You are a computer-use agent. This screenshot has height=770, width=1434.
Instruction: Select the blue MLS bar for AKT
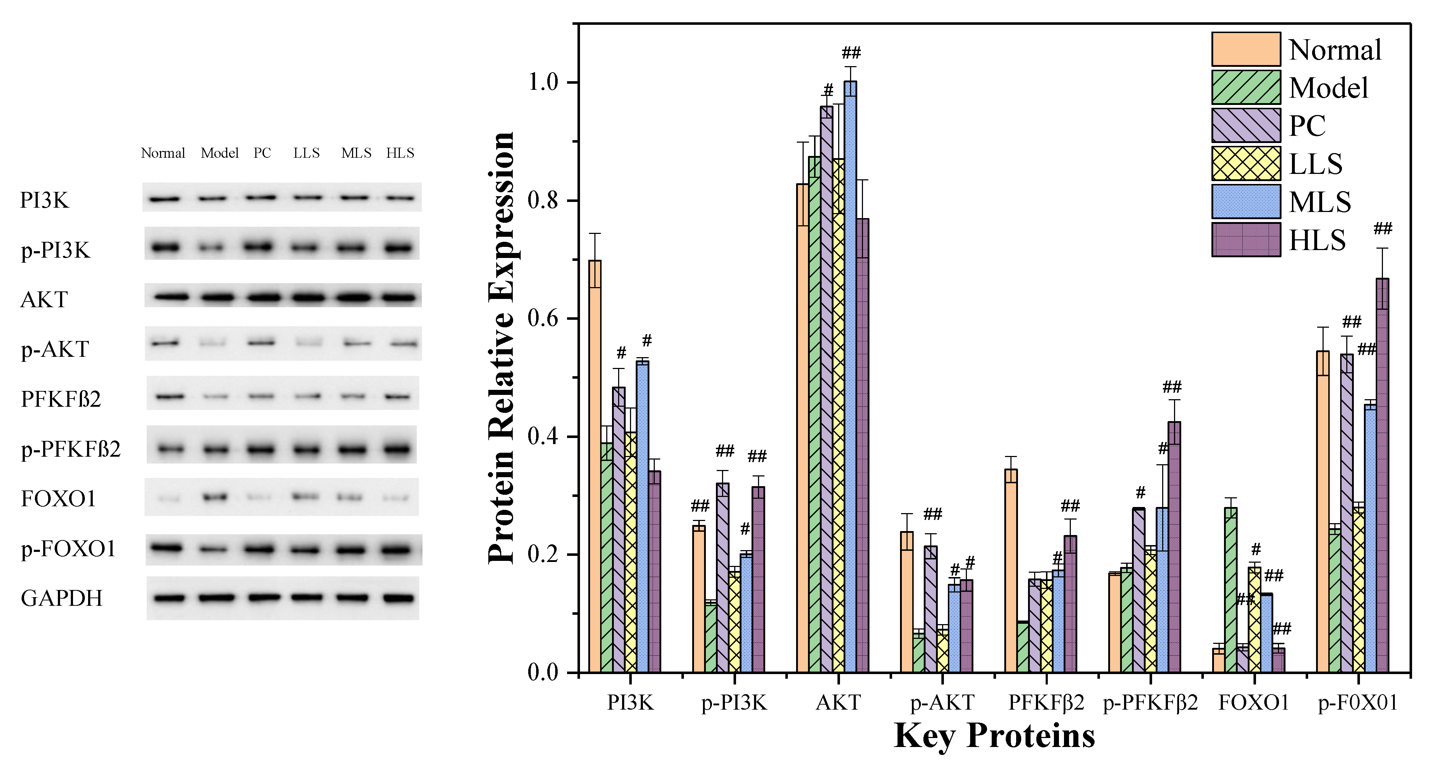(850, 378)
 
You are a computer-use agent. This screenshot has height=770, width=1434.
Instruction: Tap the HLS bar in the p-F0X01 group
(1382, 476)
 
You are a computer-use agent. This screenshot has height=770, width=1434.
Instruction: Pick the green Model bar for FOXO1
(1231, 590)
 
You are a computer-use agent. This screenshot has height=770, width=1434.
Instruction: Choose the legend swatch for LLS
(1246, 163)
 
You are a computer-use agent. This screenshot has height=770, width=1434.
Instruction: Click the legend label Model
(1328, 88)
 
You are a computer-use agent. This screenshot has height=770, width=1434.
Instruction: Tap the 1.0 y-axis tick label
(543, 82)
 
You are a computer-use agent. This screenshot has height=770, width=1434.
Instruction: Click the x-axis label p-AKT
(942, 703)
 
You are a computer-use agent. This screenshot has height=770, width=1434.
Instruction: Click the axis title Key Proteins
(994, 736)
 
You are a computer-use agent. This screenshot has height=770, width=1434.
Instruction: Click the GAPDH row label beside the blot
(61, 599)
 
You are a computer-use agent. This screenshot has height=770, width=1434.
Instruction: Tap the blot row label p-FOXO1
(68, 549)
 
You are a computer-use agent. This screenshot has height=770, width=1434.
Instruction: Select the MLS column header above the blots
(356, 153)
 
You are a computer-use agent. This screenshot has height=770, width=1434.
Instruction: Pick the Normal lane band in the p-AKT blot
(165, 343)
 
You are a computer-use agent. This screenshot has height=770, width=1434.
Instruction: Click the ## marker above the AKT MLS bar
(851, 53)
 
